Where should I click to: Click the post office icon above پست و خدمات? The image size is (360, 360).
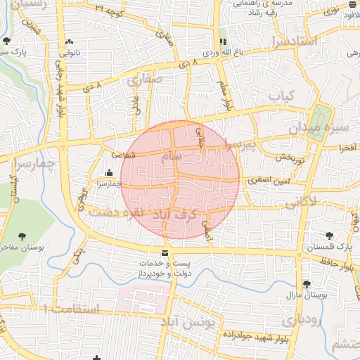click(x=165, y=253)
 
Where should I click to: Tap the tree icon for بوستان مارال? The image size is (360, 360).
click(x=307, y=284)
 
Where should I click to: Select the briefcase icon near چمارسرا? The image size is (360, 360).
click(x=109, y=173)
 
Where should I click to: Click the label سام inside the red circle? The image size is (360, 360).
click(x=170, y=155)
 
